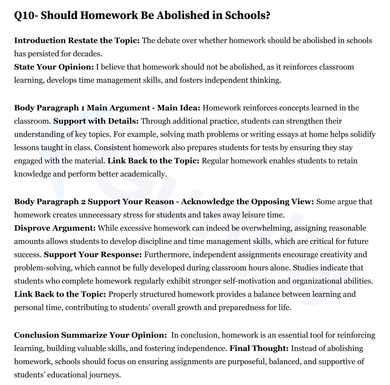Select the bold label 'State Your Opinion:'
coord(54,67)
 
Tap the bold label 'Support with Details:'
coord(96,121)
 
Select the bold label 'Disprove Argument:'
coord(55,228)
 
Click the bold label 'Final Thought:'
coord(259,349)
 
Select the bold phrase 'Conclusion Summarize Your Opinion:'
coord(90,335)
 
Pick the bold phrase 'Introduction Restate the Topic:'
coord(77,40)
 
